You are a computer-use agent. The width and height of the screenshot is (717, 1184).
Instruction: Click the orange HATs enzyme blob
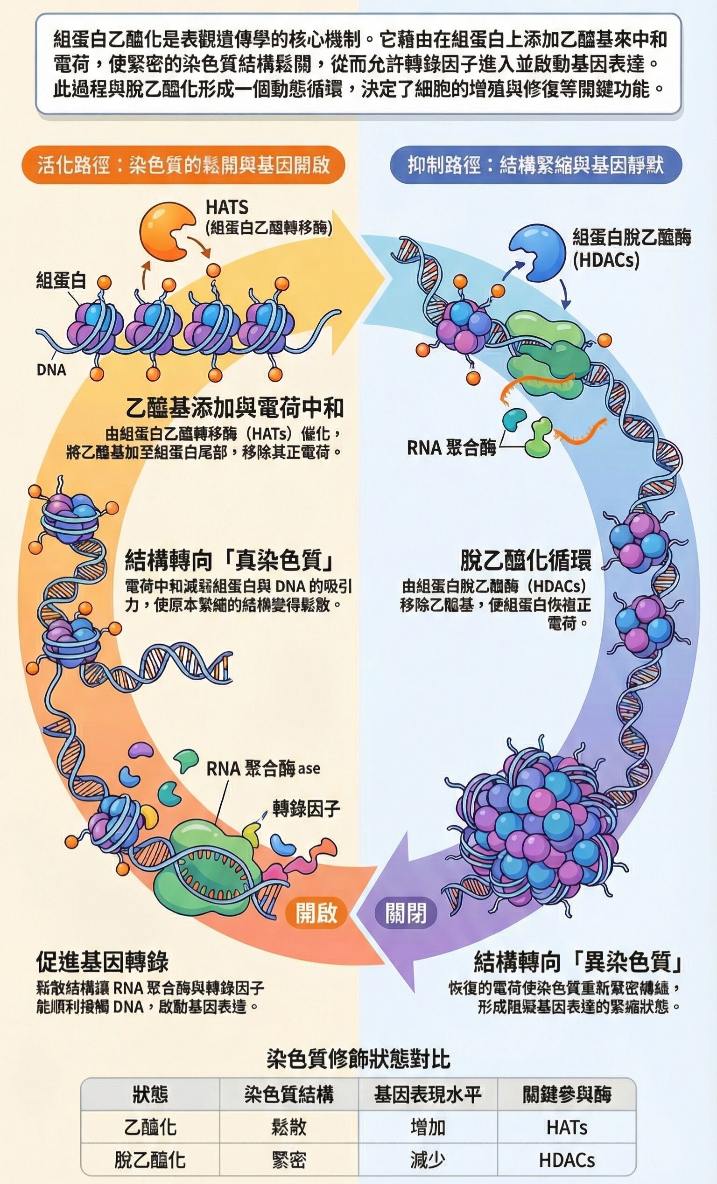pyautogui.click(x=163, y=229)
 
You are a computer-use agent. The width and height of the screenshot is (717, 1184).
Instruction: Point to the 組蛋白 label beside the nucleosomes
pyautogui.click(x=61, y=279)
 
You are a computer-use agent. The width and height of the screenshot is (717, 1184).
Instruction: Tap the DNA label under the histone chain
pyautogui.click(x=51, y=369)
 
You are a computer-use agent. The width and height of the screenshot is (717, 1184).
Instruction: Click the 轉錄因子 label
pyautogui.click(x=306, y=809)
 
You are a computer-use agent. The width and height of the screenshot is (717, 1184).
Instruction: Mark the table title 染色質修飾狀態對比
pyautogui.click(x=358, y=1059)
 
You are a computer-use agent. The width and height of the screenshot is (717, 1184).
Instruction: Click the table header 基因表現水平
pyautogui.click(x=428, y=1094)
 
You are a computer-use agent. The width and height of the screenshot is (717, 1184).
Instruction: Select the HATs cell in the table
pyautogui.click(x=567, y=1127)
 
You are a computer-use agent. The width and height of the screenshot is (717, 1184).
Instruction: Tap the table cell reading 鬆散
pyautogui.click(x=288, y=1127)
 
